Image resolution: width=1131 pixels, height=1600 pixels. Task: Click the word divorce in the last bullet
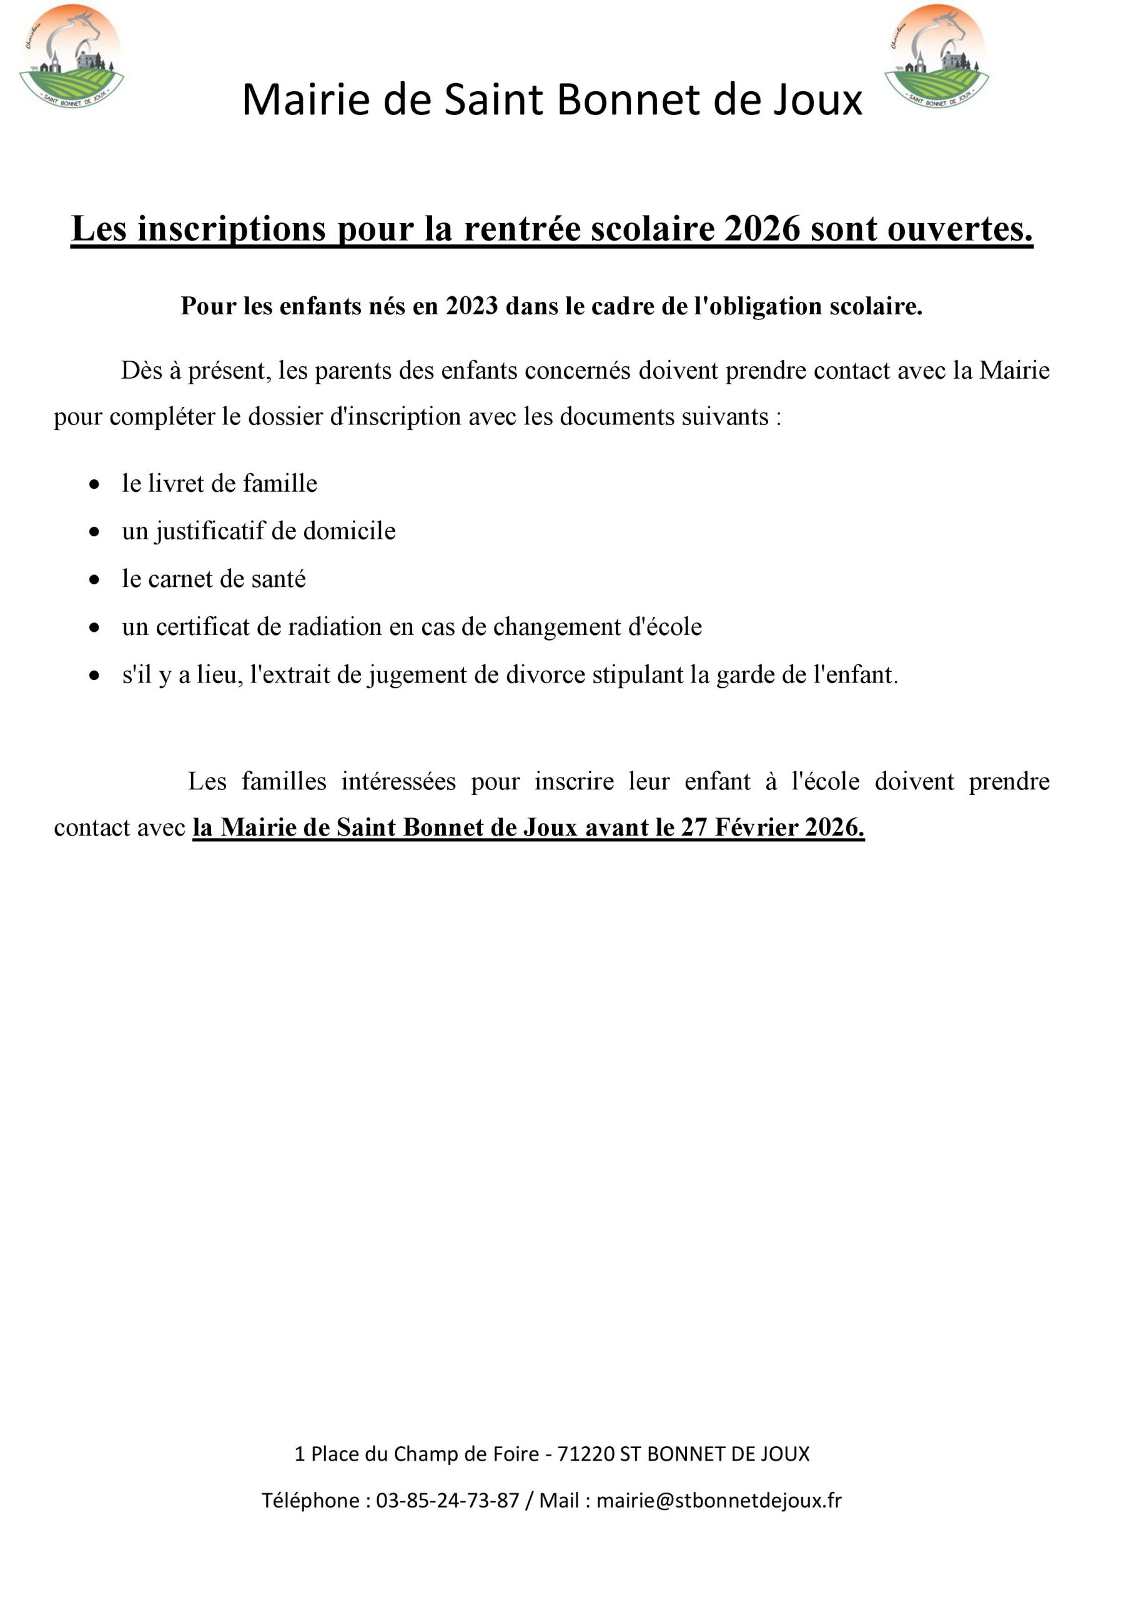point(545,674)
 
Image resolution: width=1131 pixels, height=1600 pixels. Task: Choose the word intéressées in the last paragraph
point(398,781)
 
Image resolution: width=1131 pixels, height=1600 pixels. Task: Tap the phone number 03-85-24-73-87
point(448,1501)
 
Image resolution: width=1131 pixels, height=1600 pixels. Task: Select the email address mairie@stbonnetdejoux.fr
point(719,1501)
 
